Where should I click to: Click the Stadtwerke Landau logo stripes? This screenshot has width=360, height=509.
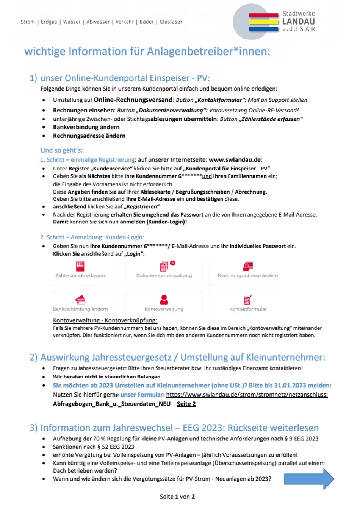coord(264,22)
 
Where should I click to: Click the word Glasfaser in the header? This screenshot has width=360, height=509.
coord(171,22)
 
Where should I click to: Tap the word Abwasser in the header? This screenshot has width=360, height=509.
coord(98,22)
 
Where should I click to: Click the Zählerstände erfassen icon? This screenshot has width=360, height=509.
coord(80,266)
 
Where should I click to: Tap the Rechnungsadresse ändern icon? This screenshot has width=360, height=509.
coord(248,266)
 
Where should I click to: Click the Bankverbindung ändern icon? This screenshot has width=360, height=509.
coord(80,300)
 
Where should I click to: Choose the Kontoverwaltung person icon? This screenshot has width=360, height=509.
coord(164,300)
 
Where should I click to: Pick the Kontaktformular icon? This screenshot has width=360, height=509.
coord(248,300)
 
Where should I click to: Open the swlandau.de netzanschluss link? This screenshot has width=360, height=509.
coord(247,395)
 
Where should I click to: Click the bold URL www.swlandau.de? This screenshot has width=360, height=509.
coord(235,160)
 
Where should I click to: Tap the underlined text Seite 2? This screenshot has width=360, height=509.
coord(186,404)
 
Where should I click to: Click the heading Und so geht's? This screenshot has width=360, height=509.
coord(61,150)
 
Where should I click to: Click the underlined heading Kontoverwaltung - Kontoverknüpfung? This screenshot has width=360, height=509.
coord(105,320)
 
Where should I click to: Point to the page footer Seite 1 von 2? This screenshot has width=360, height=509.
coord(177,497)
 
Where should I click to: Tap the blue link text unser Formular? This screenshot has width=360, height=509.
coord(142,395)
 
